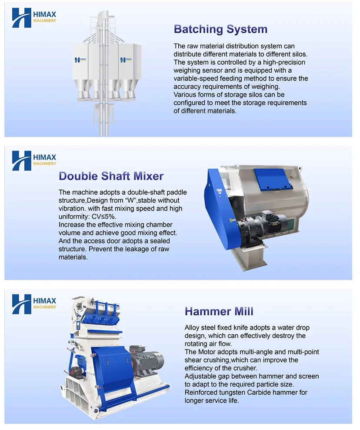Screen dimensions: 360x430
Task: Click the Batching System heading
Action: [x=220, y=29]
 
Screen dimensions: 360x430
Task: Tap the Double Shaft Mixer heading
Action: [x=111, y=176]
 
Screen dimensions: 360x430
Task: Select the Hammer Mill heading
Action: [x=219, y=311]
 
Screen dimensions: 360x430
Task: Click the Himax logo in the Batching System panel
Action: [x=34, y=18]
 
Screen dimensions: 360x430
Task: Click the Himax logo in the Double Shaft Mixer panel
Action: [x=34, y=161]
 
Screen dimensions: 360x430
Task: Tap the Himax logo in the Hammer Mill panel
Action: [x=34, y=304]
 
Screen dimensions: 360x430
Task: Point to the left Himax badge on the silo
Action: [x=80, y=60]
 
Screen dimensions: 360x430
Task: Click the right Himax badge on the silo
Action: [x=126, y=60]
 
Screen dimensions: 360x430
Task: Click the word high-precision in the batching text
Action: [x=284, y=62]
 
